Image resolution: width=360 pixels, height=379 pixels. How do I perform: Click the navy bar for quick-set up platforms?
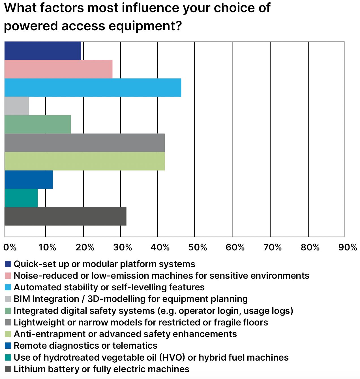pos(43,51)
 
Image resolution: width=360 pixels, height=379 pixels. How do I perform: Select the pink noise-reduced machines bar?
pos(59,69)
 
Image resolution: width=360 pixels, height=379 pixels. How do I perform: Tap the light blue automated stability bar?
pos(93,88)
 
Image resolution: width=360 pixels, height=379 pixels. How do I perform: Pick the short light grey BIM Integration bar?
pos(17,106)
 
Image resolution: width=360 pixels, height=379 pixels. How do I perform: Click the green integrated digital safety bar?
pos(38,124)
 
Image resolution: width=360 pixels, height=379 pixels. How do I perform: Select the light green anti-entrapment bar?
pos(85,161)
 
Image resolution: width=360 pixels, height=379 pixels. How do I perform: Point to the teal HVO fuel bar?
pos(21,198)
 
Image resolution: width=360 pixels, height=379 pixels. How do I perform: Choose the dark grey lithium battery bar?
pos(66,216)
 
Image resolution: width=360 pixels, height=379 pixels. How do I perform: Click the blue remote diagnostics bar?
pos(29,180)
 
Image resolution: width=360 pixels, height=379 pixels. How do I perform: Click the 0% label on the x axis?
pos(10,247)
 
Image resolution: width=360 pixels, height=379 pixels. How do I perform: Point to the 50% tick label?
pos(198,247)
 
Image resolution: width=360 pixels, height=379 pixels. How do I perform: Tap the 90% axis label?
pos(348,247)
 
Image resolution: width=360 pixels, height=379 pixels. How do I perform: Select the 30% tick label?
pos(123,247)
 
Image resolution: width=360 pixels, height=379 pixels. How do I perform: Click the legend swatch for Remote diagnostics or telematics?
pos(8,346)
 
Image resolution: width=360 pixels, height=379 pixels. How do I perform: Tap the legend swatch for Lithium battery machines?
pos(8,369)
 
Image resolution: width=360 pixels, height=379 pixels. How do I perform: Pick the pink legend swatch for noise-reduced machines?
pos(8,276)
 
